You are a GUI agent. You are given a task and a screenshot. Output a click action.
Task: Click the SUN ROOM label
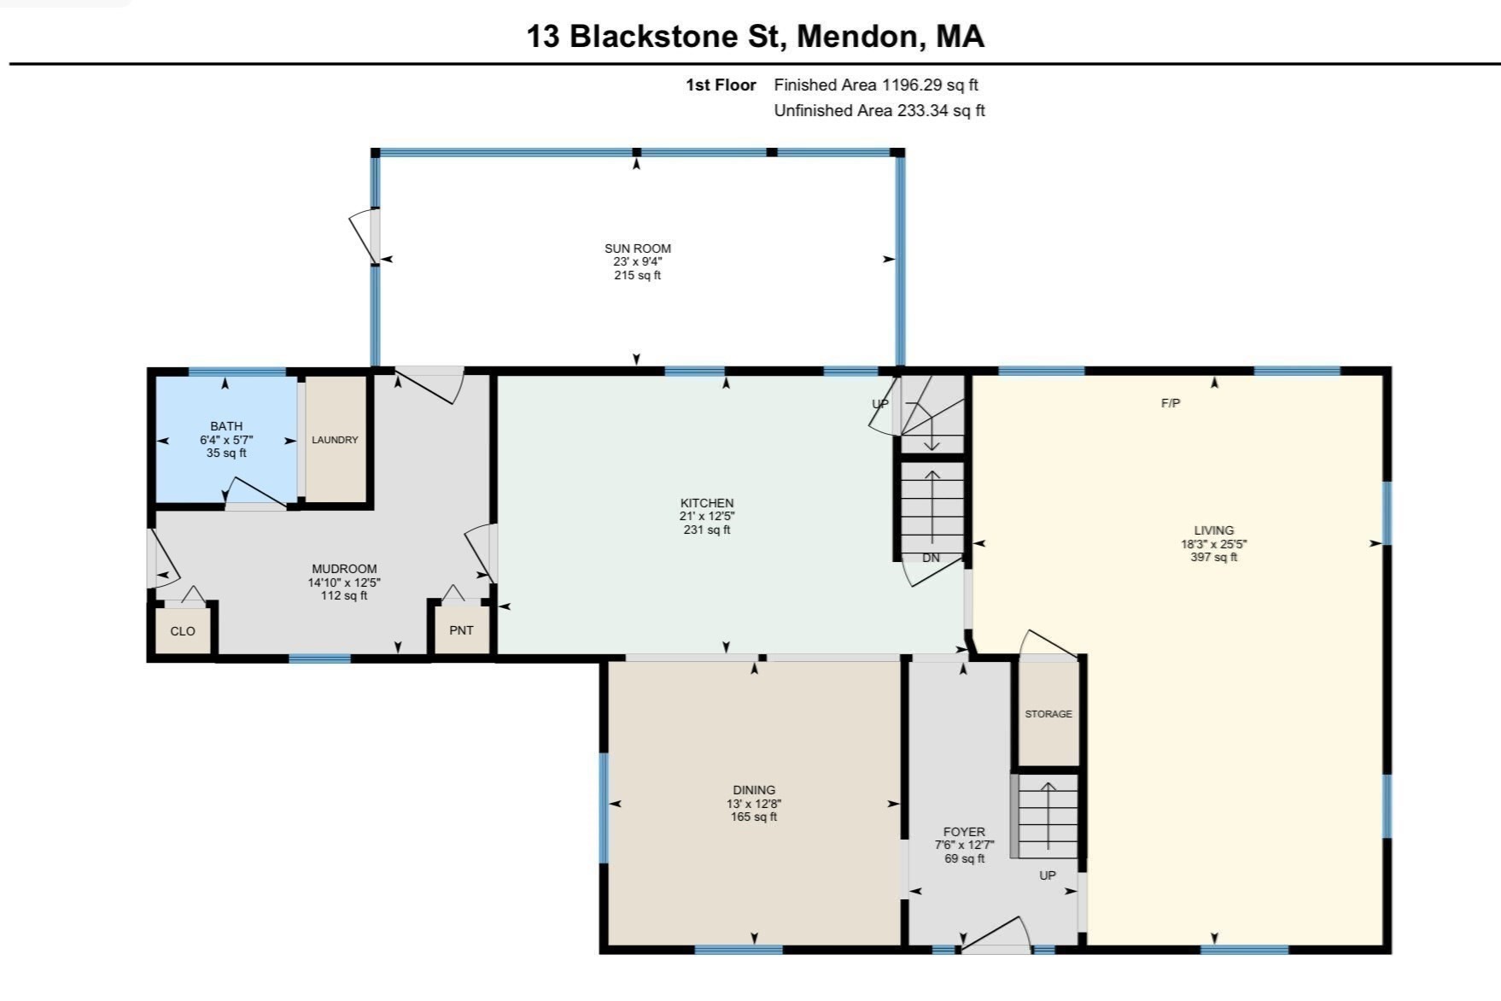click(637, 249)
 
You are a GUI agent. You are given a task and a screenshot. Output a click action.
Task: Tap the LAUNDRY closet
click(335, 440)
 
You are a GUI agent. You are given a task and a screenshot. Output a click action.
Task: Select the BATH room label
click(226, 426)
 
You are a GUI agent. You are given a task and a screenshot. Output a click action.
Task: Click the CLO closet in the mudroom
click(183, 631)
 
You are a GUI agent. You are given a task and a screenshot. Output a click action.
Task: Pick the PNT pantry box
click(461, 630)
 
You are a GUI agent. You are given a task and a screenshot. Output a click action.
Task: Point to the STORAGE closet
click(1048, 713)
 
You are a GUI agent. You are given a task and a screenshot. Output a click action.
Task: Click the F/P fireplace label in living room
click(1171, 403)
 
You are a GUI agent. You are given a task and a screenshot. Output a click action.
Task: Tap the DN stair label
click(931, 558)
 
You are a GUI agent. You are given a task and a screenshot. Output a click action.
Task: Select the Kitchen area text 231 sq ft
click(707, 530)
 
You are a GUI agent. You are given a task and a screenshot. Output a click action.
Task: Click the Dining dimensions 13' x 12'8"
click(754, 804)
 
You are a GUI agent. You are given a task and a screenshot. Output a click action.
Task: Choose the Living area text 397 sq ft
click(1213, 557)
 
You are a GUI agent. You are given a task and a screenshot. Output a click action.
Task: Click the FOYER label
click(964, 832)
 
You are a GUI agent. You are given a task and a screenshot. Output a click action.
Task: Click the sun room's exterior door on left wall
click(365, 235)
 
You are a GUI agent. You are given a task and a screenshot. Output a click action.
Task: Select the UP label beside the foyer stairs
click(1047, 875)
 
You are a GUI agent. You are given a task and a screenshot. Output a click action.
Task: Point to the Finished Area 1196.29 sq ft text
click(875, 85)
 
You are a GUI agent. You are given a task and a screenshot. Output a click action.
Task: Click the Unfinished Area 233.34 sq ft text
click(879, 110)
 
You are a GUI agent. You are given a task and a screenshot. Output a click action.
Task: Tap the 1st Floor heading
click(721, 85)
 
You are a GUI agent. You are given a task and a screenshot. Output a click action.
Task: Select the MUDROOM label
click(344, 569)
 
